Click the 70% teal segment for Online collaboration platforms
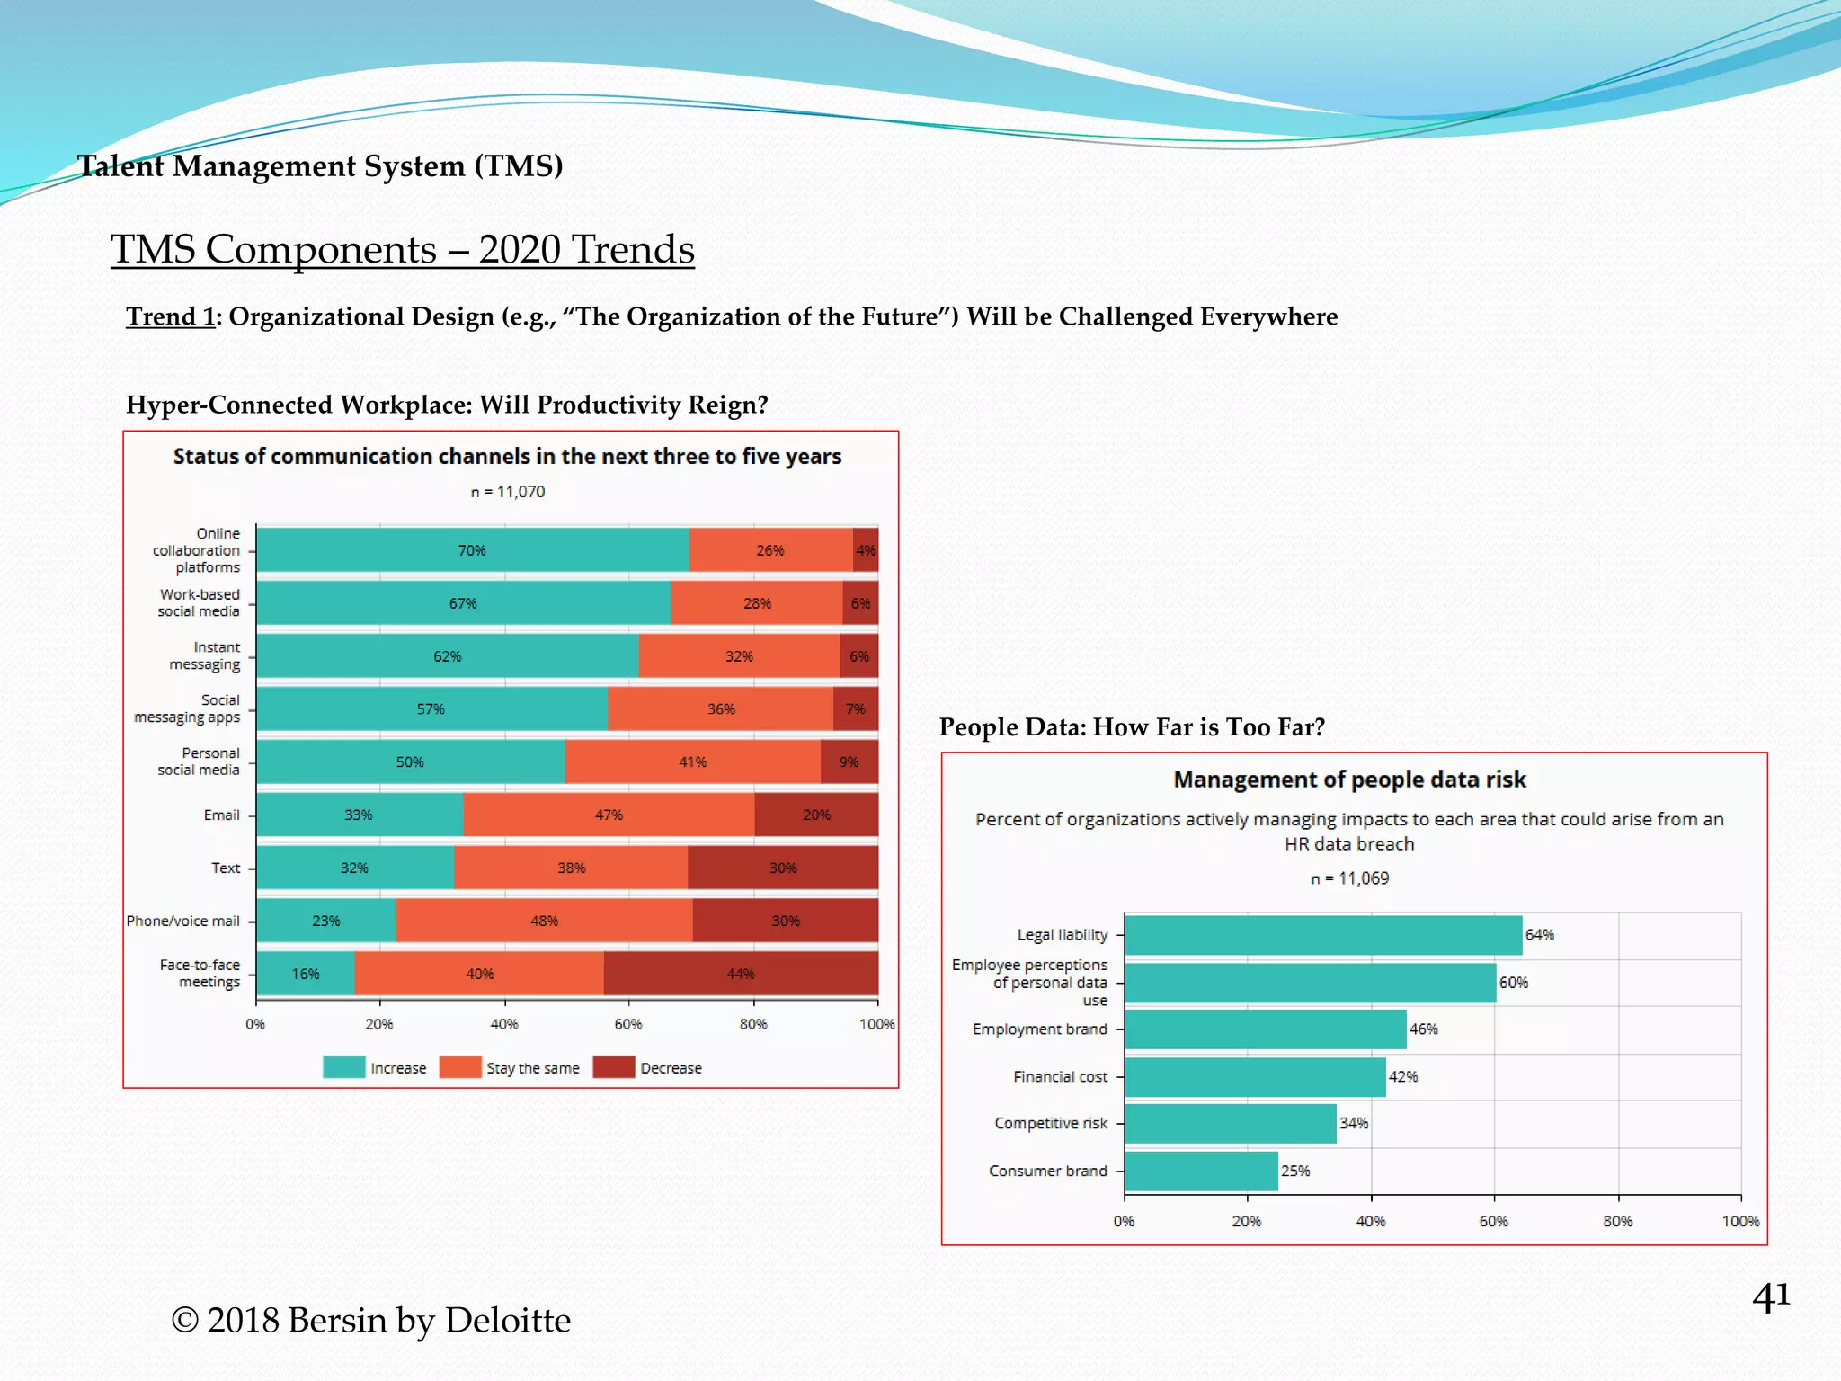[472, 550]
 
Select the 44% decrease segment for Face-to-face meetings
[741, 974]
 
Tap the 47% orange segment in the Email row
[609, 815]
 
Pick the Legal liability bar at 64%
[1322, 935]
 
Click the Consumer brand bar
[1201, 1171]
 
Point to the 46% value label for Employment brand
[1423, 1029]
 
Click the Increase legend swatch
[343, 1067]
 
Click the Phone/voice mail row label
[183, 921]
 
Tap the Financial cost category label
[1060, 1076]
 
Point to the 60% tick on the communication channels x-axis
[628, 1024]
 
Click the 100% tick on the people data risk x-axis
[1740, 1221]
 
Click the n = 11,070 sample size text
[508, 492]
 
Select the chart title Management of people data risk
[1349, 780]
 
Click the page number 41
[1770, 1296]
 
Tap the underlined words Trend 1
[170, 316]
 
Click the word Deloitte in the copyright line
[507, 1320]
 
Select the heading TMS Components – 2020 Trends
[402, 249]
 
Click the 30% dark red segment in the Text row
[783, 868]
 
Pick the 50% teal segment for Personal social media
[410, 762]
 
